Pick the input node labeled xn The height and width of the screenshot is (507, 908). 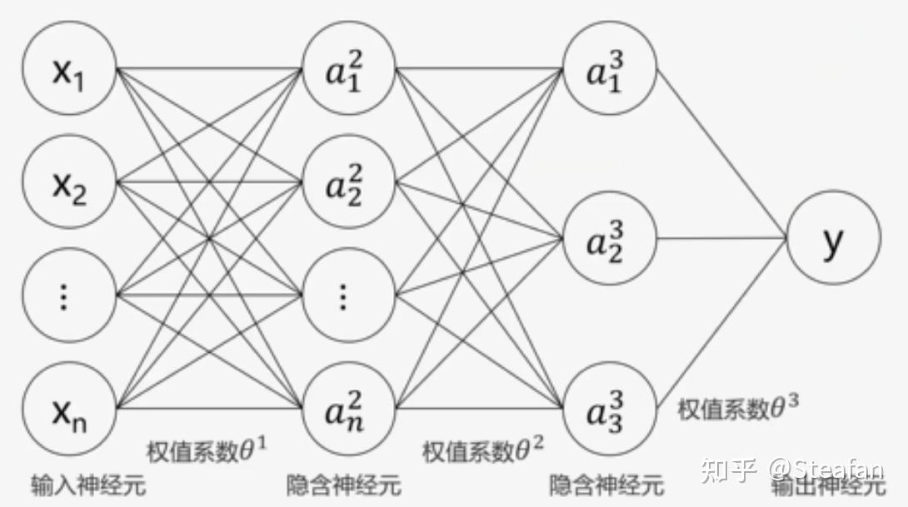[x=69, y=408]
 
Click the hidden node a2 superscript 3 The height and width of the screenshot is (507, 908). [x=610, y=238]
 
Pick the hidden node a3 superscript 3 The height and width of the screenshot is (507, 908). [x=610, y=408]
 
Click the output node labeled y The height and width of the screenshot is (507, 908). [x=833, y=238]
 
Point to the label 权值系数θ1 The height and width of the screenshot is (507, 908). [x=207, y=450]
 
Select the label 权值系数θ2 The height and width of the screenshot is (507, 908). [x=483, y=450]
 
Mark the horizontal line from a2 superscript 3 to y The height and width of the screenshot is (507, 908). [x=721, y=238]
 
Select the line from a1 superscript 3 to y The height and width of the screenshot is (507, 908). [x=721, y=153]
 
